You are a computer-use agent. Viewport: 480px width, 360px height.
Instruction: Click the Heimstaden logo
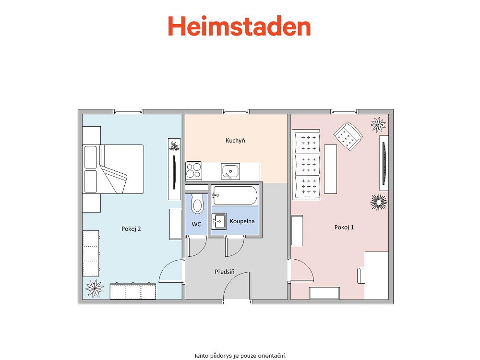[x=240, y=26]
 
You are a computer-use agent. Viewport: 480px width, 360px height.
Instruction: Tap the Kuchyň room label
[x=235, y=141]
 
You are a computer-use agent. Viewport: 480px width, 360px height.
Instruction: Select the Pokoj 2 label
[x=131, y=228]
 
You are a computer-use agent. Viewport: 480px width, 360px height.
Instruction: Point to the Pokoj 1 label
[x=344, y=227]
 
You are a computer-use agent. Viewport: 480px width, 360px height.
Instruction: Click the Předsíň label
[x=225, y=272]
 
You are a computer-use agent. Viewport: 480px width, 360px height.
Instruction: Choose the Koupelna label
[x=242, y=221]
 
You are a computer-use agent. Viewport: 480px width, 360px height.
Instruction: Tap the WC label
[x=196, y=224]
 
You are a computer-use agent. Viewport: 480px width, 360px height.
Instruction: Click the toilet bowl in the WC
[x=197, y=203]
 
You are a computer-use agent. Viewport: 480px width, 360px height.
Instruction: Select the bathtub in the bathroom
[x=235, y=196]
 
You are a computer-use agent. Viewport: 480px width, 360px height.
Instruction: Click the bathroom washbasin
[x=218, y=221]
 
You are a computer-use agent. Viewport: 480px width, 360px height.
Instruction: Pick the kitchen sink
[x=230, y=171]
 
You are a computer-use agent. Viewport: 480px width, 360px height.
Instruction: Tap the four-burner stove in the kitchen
[x=194, y=171]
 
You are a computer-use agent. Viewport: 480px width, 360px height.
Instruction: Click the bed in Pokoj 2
[x=113, y=169]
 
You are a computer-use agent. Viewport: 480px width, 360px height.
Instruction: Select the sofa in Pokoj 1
[x=306, y=164]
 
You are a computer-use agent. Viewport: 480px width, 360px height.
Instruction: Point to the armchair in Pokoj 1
[x=348, y=136]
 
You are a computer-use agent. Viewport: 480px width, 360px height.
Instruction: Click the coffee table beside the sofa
[x=330, y=169]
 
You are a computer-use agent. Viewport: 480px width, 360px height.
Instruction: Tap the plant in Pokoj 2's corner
[x=95, y=288]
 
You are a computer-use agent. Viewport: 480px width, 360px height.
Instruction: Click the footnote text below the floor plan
[x=240, y=356]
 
